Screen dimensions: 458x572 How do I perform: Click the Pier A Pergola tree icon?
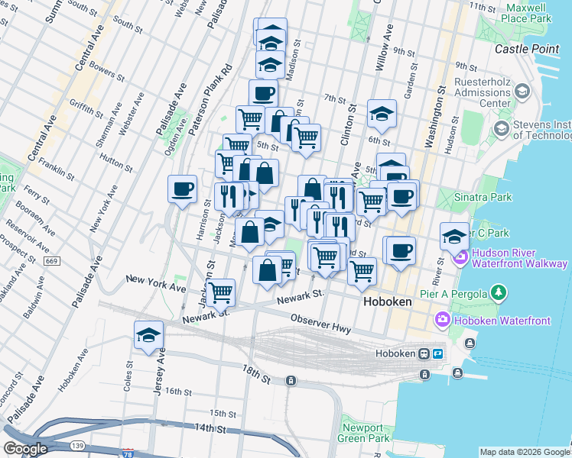pyautogui.click(x=499, y=292)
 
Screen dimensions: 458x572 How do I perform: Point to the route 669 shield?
pyautogui.click(x=51, y=261)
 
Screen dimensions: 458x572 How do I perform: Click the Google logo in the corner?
pyautogui.click(x=24, y=449)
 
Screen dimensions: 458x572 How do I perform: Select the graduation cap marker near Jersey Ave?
pyautogui.click(x=148, y=334)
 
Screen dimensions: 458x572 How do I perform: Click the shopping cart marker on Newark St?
pyautogui.click(x=220, y=291)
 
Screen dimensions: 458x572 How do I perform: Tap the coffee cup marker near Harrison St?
pyautogui.click(x=182, y=188)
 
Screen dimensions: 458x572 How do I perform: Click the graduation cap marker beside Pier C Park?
pyautogui.click(x=454, y=236)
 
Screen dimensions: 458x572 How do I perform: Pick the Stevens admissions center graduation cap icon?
pyautogui.click(x=522, y=92)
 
